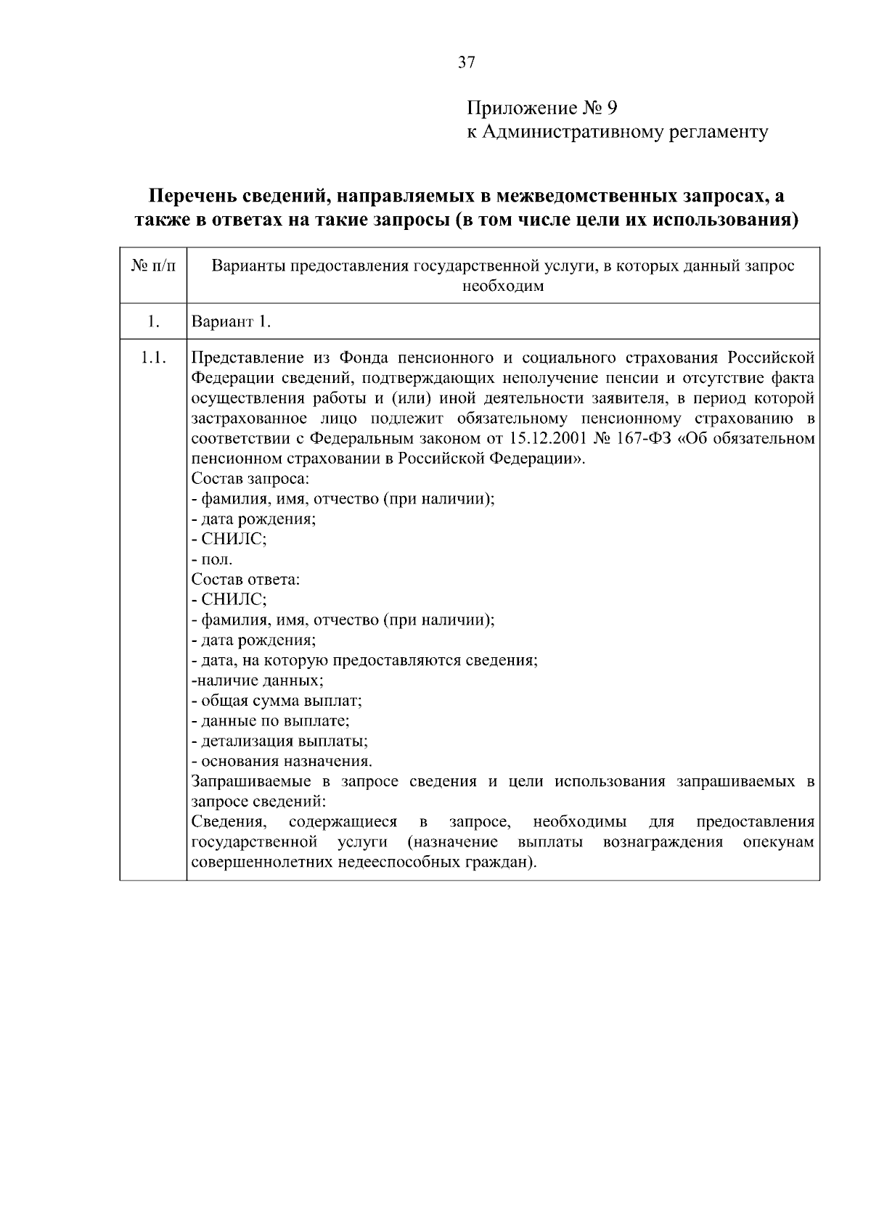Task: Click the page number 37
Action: [x=467, y=62]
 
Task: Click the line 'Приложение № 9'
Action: [x=541, y=109]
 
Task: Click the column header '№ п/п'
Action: [x=153, y=266]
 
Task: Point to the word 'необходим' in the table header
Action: [x=503, y=286]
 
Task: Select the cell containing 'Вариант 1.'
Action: [x=231, y=321]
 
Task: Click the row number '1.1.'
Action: [x=153, y=358]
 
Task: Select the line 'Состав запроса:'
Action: [x=250, y=479]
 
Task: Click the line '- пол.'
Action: [x=212, y=560]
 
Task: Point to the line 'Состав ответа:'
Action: [x=245, y=580]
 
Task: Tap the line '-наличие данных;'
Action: [x=258, y=680]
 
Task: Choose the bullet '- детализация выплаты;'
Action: [x=279, y=741]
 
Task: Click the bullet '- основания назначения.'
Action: [x=282, y=762]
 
